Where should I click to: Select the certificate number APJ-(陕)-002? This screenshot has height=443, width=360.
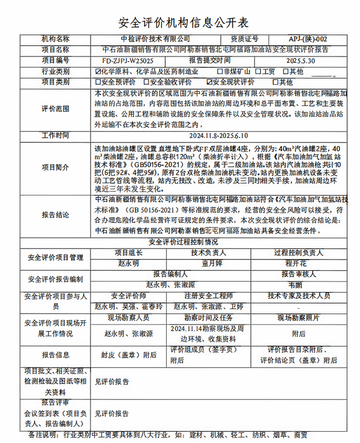click(x=308, y=39)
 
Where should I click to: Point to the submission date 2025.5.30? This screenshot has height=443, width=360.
click(x=300, y=61)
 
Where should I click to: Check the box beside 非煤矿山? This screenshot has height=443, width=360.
click(x=219, y=71)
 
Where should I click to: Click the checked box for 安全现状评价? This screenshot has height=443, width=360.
click(x=209, y=82)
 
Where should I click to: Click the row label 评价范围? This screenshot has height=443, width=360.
click(x=55, y=109)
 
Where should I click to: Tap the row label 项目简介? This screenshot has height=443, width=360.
click(x=55, y=167)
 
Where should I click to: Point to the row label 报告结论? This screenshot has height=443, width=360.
click(x=55, y=215)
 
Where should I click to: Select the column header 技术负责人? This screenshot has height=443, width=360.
click(x=209, y=253)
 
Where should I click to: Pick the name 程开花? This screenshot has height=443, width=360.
click(x=296, y=263)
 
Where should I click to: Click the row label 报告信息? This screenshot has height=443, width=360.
click(x=55, y=355)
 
